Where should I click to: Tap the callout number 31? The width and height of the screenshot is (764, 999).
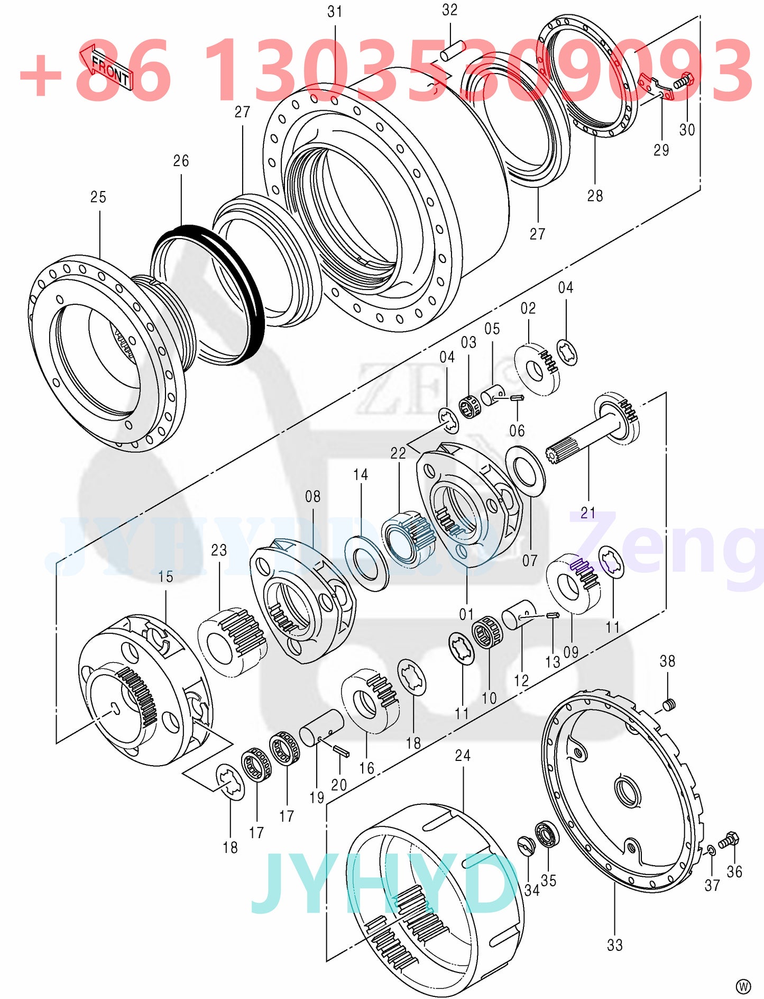point(335,12)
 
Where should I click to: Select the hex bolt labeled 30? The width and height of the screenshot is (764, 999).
point(684,81)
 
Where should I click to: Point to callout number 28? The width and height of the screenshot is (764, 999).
point(595,196)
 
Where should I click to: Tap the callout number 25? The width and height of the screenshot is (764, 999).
point(98,197)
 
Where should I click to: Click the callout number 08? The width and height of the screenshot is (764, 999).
point(312,496)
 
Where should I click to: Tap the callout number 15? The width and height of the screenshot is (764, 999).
point(165,577)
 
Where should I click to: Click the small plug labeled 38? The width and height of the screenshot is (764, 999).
point(669,704)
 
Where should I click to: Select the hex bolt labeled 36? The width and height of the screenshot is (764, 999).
point(730,839)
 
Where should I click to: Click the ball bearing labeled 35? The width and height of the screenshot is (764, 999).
point(545,835)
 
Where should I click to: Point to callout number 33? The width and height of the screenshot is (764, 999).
point(614,945)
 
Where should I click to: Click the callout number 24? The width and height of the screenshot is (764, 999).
point(463,755)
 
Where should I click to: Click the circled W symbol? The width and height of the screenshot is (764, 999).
point(743,986)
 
